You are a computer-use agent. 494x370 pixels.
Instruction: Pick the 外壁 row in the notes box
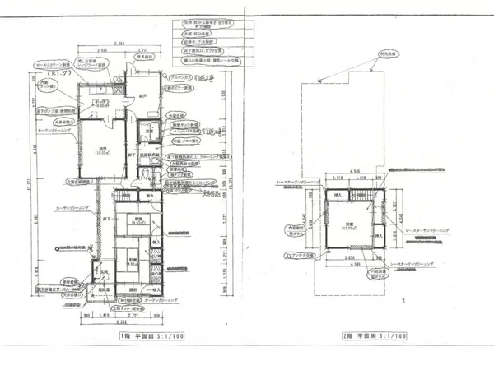[x=202, y=35]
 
